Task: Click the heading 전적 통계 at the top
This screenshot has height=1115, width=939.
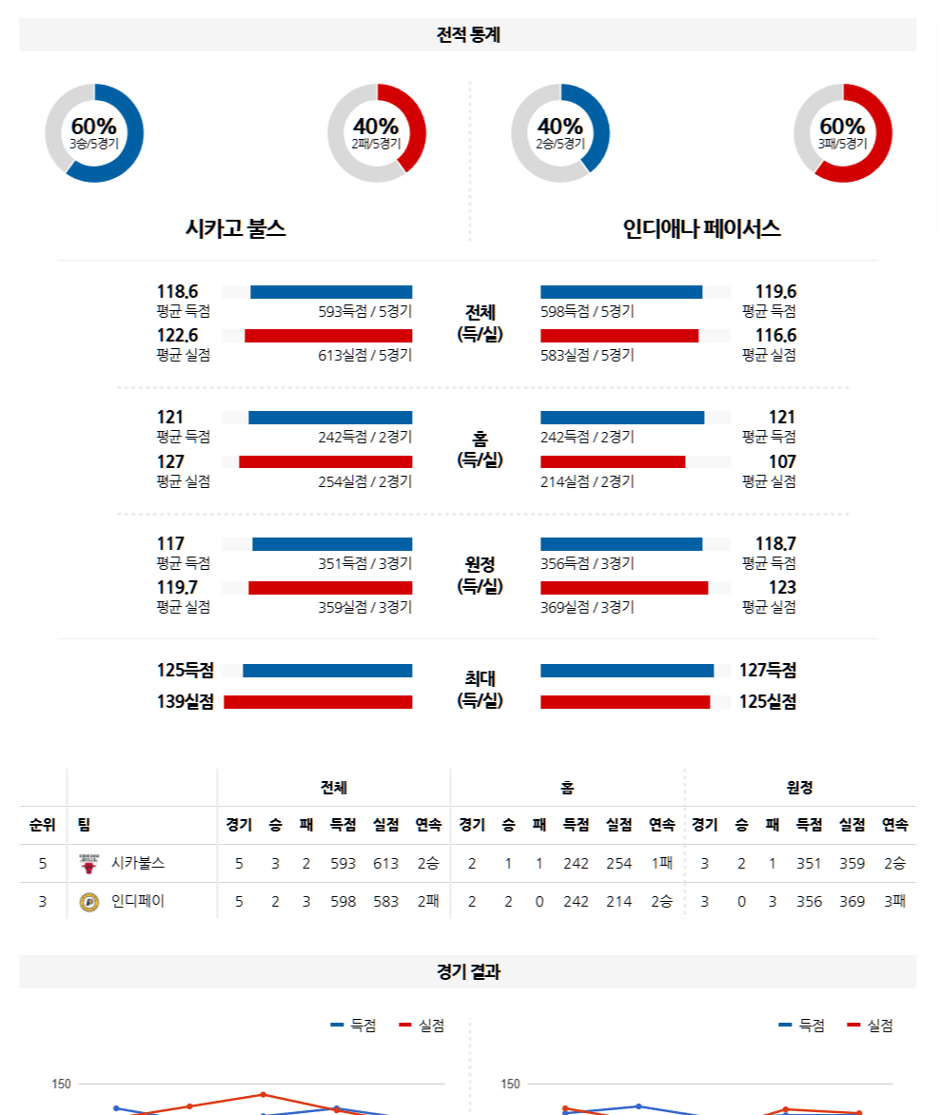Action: tap(468, 35)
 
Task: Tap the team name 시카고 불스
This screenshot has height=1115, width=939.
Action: tap(236, 228)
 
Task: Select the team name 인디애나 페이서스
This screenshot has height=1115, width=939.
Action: tap(702, 228)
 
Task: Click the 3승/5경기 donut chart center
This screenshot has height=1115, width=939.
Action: tap(94, 132)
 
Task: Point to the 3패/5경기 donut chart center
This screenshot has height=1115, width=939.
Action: tap(843, 132)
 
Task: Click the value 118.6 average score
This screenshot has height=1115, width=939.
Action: tap(177, 292)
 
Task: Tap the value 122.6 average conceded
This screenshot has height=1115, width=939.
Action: tap(177, 336)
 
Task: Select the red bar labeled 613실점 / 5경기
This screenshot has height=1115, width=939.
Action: tap(328, 336)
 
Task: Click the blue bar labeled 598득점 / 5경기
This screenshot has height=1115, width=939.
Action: tap(621, 292)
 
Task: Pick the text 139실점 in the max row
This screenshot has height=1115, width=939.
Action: tap(186, 702)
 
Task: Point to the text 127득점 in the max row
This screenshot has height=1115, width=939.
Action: tap(768, 671)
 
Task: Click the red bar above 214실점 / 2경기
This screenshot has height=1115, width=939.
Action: tap(613, 461)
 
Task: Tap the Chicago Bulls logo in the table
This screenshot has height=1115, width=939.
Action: tap(88, 864)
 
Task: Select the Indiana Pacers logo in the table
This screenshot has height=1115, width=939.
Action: tap(88, 902)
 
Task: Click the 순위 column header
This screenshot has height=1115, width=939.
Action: tap(43, 825)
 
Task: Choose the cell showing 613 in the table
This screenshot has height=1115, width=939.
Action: tap(386, 864)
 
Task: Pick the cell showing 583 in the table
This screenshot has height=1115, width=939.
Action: tap(386, 902)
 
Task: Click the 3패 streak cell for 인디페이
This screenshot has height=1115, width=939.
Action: tap(893, 902)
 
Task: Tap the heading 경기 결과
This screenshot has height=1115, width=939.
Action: tap(468, 972)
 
